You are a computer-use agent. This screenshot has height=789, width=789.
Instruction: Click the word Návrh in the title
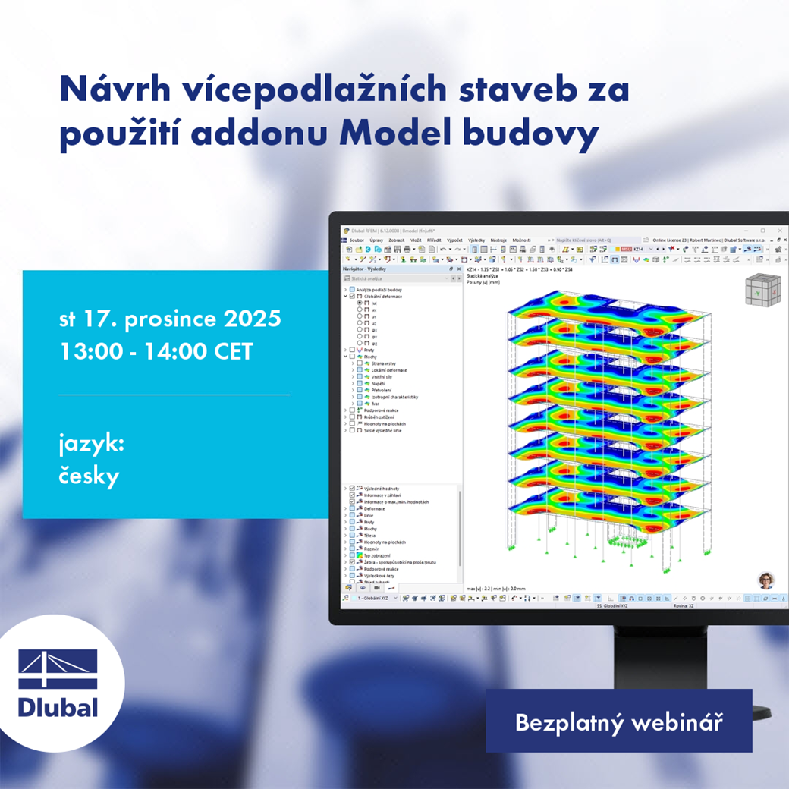pos(103,89)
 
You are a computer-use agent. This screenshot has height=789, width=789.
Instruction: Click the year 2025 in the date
pos(250,318)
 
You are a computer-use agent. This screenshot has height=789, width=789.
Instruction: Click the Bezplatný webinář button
pos(618,722)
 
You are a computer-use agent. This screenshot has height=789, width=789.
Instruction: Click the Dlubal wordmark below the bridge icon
pos(58,707)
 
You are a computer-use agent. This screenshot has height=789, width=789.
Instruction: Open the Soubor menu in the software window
pos(357,240)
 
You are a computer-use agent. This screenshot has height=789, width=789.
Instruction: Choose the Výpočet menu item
pos(454,240)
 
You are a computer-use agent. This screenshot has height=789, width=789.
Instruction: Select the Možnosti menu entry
pos(521,240)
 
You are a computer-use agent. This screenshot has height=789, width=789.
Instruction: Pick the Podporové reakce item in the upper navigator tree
pos(382,410)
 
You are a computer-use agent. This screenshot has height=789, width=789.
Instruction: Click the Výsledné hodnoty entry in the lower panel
pos(382,489)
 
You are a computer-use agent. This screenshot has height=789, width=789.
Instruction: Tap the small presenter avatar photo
pos(765,580)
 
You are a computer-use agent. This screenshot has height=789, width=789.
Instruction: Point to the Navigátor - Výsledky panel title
pos(366,269)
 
